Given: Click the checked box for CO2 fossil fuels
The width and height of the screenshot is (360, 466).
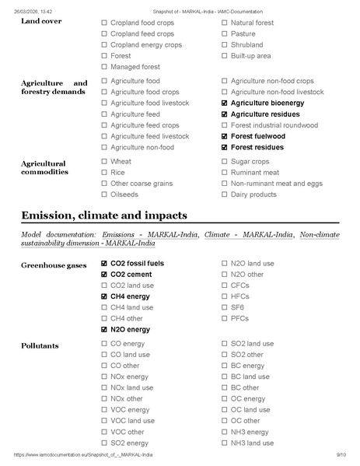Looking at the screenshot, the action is click(104, 264).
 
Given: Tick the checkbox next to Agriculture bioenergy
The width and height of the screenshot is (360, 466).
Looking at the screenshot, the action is click(225, 103).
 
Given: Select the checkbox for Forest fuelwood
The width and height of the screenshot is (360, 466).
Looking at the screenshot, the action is click(225, 136).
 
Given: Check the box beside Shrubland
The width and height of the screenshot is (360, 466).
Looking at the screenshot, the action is click(225, 45).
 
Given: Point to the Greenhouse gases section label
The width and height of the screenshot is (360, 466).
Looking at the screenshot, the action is click(54, 265).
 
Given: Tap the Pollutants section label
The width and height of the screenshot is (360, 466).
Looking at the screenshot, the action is click(40, 345).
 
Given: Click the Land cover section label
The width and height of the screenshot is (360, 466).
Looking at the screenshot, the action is click(41, 21).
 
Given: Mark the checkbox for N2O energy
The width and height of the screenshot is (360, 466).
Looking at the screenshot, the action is click(104, 330).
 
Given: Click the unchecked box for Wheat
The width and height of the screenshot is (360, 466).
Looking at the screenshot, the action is click(104, 162).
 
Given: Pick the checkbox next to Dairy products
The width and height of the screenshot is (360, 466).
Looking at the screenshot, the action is click(225, 194).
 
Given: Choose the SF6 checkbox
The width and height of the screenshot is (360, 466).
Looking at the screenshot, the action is click(225, 307).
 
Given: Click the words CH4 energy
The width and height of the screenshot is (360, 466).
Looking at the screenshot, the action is click(131, 296).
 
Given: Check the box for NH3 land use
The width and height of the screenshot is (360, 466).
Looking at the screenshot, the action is click(225, 443).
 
